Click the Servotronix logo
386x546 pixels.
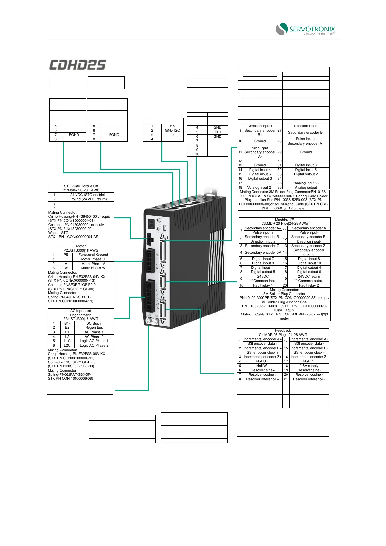click(x=305, y=29)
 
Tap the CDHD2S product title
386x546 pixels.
click(x=78, y=65)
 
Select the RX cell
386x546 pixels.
click(x=172, y=126)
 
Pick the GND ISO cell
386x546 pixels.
click(x=172, y=130)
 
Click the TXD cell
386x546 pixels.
click(x=217, y=132)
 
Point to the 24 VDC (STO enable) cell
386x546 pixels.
click(x=88, y=195)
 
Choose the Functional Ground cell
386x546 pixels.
click(x=93, y=255)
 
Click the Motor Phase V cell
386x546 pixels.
click(x=93, y=264)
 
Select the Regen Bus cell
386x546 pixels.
click(x=94, y=327)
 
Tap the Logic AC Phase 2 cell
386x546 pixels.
click(x=94, y=345)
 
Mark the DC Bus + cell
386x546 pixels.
click(x=94, y=323)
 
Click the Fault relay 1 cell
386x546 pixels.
click(x=263, y=285)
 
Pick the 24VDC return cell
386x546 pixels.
click(x=309, y=276)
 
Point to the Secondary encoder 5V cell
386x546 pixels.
click(x=263, y=252)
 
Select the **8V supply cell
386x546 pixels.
click(x=309, y=366)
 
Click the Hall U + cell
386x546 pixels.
click(x=263, y=361)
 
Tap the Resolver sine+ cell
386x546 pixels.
click(x=263, y=370)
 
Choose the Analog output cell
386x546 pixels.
click(x=306, y=187)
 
